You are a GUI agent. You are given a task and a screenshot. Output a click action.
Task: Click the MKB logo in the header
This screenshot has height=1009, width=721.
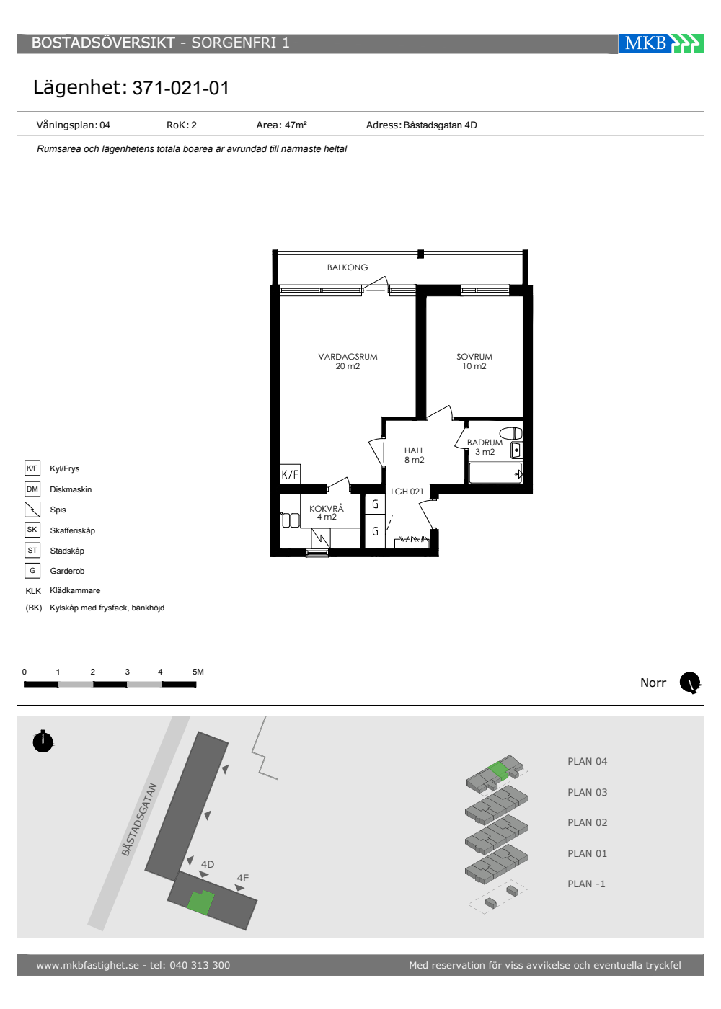[661, 44]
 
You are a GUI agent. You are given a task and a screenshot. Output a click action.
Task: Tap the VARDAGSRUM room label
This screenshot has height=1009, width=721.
[348, 357]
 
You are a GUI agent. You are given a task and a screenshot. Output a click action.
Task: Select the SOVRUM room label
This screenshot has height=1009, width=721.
[474, 357]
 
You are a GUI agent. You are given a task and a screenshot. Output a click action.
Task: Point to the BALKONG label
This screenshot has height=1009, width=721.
[348, 267]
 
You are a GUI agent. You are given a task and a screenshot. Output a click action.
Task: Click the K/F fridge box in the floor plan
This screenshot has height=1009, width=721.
[290, 474]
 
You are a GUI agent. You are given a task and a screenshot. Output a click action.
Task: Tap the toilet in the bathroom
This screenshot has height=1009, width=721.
[511, 433]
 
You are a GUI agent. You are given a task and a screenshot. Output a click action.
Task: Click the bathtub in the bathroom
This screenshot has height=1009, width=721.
[496, 474]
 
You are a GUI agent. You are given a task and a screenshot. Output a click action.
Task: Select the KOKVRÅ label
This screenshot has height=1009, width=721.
[327, 509]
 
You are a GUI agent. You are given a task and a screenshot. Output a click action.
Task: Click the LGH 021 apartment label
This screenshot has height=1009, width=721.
[407, 492]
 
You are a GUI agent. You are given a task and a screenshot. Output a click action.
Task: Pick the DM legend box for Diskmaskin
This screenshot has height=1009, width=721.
[32, 489]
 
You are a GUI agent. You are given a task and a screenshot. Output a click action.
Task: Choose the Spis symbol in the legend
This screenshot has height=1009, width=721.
[32, 510]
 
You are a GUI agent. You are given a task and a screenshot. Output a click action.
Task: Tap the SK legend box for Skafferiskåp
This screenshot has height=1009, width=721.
[32, 530]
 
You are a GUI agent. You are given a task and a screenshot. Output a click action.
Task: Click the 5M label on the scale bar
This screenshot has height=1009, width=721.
[198, 672]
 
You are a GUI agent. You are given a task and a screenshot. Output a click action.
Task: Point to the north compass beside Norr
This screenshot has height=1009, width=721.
[690, 683]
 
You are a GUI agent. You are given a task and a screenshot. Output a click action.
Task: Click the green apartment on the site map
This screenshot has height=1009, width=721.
[200, 902]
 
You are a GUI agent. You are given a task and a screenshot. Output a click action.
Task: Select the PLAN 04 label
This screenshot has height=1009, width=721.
[587, 762]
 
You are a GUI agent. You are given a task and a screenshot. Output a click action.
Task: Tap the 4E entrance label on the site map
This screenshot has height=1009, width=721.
[243, 878]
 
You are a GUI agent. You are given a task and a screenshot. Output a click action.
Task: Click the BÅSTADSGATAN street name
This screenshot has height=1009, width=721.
[139, 820]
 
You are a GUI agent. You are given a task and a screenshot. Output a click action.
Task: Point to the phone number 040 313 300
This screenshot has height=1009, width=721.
[200, 965]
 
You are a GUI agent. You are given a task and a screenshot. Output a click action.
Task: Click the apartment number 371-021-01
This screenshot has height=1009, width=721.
[181, 88]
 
